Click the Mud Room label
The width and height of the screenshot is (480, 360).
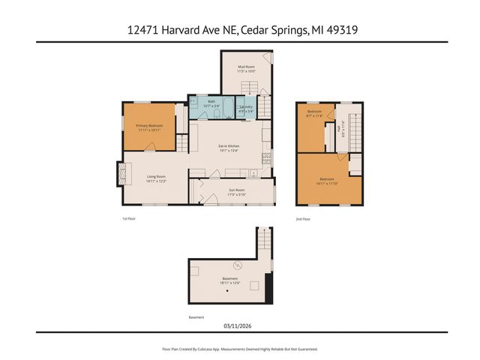pyautogui.click(x=247, y=69)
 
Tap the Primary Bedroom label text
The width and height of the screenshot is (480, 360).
pyautogui.click(x=150, y=127)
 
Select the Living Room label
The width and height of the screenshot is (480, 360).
pyautogui.click(x=156, y=179)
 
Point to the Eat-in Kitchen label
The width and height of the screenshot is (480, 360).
pyautogui.click(x=229, y=148)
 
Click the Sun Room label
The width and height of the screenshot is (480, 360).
pyautogui.click(x=236, y=192)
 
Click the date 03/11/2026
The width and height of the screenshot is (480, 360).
pyautogui.click(x=239, y=325)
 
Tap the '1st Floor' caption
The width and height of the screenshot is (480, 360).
pyautogui.click(x=129, y=219)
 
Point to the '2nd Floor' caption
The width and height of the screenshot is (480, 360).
pyautogui.click(x=303, y=219)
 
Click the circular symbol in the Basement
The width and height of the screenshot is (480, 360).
pyautogui.click(x=238, y=264)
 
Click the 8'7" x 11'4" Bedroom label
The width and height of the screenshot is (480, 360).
pyautogui.click(x=314, y=114)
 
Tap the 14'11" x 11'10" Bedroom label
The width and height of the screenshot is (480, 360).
pyautogui.click(x=327, y=181)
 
